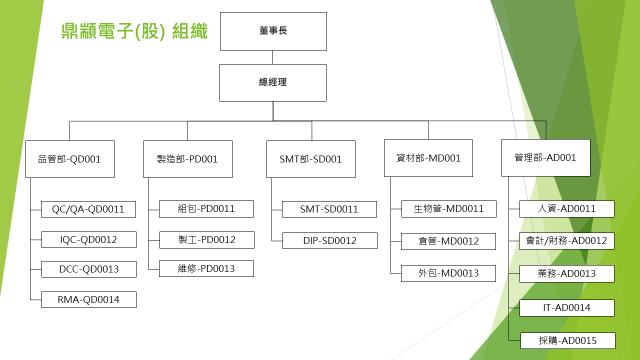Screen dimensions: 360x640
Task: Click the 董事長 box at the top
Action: (273, 31)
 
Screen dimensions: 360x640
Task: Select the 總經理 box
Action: (273, 82)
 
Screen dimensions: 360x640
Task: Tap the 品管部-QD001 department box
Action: (70, 159)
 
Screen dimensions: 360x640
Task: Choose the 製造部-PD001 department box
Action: (187, 159)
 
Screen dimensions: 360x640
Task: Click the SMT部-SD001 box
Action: (310, 159)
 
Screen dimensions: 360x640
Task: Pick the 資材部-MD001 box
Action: (428, 158)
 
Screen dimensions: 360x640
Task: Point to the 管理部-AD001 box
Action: (545, 157)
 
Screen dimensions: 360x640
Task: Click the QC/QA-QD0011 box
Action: (88, 209)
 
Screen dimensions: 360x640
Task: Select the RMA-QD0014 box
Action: (88, 299)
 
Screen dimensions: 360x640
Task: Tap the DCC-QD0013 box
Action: (88, 269)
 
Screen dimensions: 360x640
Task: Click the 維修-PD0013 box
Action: (206, 268)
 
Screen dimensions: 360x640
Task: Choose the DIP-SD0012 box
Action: (329, 240)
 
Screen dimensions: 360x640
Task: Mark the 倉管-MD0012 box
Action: (448, 241)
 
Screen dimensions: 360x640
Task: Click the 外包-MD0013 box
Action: (448, 273)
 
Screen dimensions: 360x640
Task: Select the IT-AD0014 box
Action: (566, 307)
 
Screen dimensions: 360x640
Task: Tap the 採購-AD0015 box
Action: (567, 340)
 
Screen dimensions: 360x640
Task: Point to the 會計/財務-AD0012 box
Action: (566, 240)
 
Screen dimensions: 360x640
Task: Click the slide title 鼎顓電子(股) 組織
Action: (134, 31)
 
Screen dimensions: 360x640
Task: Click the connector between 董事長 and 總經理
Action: (272, 57)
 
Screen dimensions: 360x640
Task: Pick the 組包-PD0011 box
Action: (206, 208)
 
